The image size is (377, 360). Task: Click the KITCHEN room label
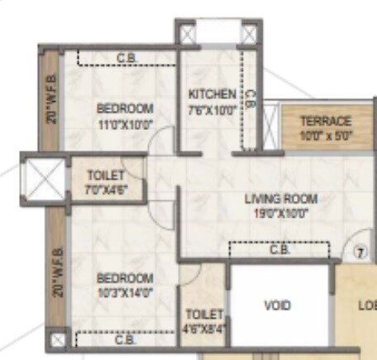click(x=212, y=94)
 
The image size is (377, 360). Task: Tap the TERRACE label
click(x=325, y=121)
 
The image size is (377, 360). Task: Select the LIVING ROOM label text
click(x=281, y=199)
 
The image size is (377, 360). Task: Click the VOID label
click(x=277, y=305)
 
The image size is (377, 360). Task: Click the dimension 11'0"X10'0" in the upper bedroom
click(x=125, y=124)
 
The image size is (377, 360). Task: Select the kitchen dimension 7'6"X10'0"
click(x=212, y=108)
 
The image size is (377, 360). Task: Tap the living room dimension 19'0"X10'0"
click(x=281, y=214)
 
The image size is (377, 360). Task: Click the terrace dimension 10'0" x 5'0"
click(x=325, y=136)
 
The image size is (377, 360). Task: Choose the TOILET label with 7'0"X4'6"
click(x=106, y=175)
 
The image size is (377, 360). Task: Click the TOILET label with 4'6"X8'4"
click(x=204, y=314)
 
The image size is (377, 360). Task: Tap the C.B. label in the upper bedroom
click(x=126, y=58)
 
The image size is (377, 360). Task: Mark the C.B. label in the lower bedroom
click(x=125, y=339)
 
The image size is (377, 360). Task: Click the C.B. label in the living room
click(x=279, y=249)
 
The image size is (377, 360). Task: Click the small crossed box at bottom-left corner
click(x=56, y=339)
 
